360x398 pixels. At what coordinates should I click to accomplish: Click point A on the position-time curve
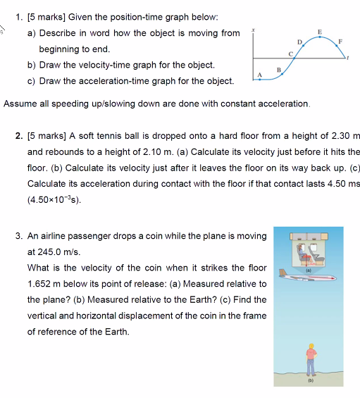tap(259, 79)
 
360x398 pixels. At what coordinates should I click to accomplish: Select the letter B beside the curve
tap(279, 68)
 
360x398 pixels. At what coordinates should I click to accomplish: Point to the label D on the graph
tap(299, 43)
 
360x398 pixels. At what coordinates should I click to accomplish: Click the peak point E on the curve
tap(321, 37)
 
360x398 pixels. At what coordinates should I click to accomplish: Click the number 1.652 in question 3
tap(39, 284)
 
